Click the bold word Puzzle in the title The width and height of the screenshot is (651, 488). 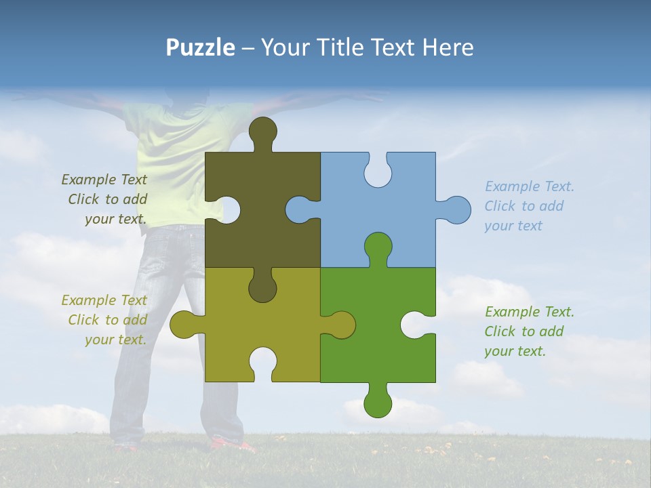point(200,47)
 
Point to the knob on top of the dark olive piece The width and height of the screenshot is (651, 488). point(262,132)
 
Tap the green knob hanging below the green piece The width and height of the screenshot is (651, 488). point(378,401)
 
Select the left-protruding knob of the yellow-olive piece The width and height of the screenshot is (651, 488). point(184,325)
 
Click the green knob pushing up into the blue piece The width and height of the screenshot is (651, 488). point(378,247)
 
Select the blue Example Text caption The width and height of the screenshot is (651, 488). point(528,206)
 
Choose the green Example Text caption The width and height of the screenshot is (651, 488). point(528,331)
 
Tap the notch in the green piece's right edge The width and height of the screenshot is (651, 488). point(417,325)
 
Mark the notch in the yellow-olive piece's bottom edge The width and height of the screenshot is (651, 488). point(262,363)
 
